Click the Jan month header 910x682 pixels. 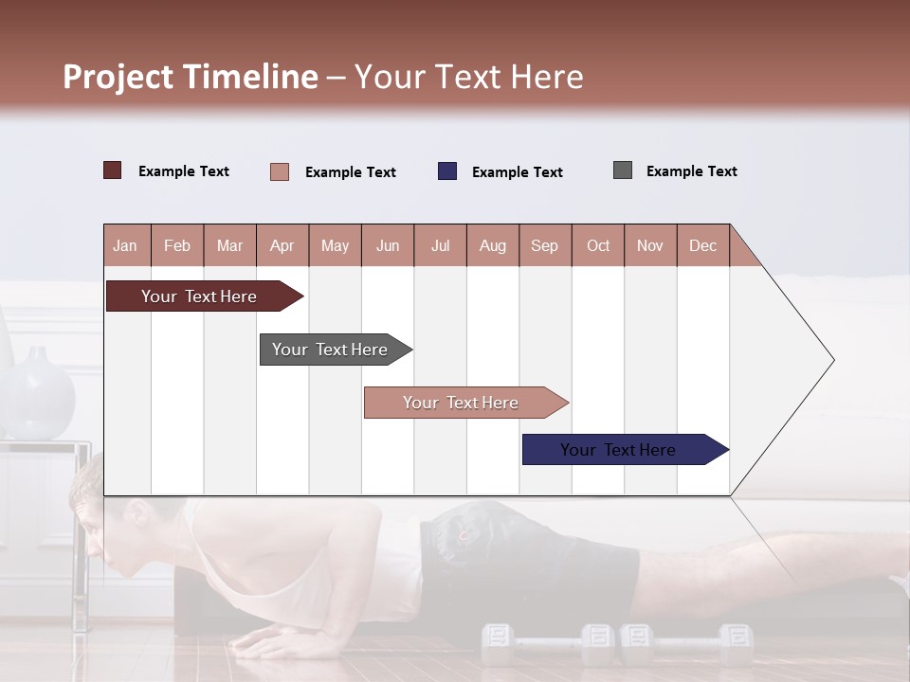click(125, 245)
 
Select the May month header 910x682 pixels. click(335, 245)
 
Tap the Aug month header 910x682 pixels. click(492, 245)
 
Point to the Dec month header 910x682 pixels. click(702, 245)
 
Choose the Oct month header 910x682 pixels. click(598, 245)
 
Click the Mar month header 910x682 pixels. click(229, 245)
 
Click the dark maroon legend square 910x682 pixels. click(112, 170)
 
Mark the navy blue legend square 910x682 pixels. click(447, 170)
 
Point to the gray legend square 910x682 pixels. click(623, 170)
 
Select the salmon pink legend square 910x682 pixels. click(280, 171)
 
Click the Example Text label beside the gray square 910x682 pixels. click(691, 170)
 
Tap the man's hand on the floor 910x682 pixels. click(265, 644)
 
